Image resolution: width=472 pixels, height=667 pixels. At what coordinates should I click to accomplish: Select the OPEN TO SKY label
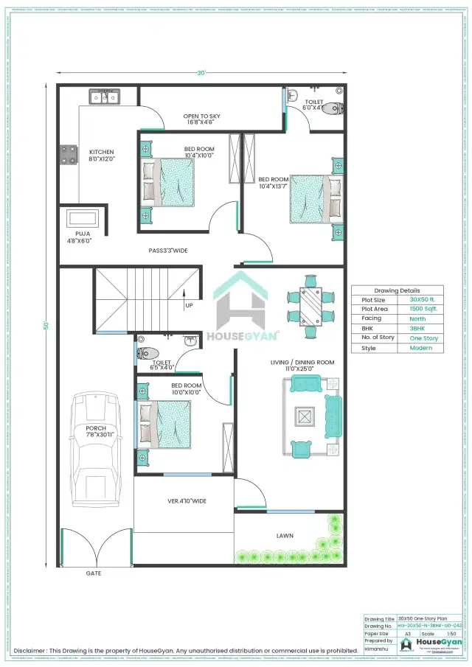(201, 116)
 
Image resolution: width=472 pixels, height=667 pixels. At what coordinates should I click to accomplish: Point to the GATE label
(94, 573)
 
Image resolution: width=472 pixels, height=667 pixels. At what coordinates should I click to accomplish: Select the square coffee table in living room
(304, 416)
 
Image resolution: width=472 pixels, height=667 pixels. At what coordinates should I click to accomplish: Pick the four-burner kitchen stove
(69, 153)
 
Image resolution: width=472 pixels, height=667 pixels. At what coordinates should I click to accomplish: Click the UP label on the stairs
(190, 304)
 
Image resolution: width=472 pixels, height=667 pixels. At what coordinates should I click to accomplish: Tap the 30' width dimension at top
(201, 73)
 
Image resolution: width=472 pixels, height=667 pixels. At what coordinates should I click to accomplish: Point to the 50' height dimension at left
(46, 325)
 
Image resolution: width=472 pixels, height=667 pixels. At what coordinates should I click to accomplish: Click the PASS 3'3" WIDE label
(167, 251)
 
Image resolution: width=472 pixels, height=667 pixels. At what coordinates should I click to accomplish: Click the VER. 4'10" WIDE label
(187, 501)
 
